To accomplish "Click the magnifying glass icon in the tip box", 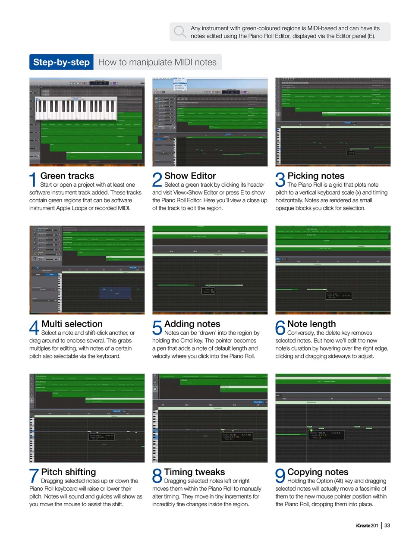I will point(179,31).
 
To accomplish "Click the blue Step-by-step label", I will point(61,62).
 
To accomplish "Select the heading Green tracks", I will point(67,176).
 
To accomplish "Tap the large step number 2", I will point(157,180).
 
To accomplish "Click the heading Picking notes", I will point(316,176).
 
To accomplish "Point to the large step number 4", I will point(34,328).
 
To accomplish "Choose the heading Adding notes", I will point(192,324).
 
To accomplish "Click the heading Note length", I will point(311,324).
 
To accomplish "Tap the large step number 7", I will point(34,476).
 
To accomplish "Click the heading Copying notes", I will point(318,472).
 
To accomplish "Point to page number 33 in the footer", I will point(387,525).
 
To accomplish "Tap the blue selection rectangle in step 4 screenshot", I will point(115,293).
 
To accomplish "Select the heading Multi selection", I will point(72,324).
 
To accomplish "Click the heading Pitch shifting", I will point(69,472).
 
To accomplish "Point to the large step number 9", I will point(280,476).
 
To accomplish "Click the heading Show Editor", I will point(190,176).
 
